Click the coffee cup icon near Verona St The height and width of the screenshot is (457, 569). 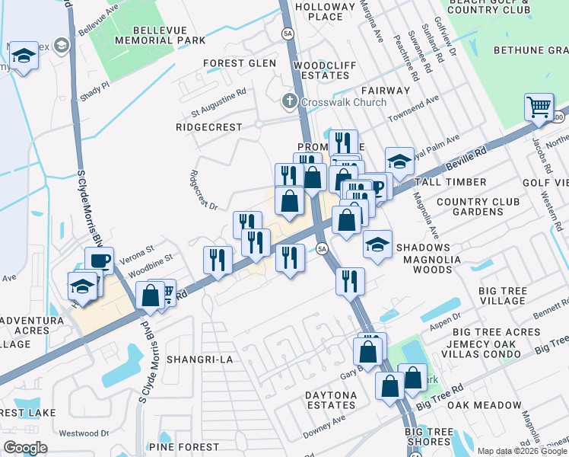[x=100, y=260]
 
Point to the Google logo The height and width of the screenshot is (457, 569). [x=25, y=448]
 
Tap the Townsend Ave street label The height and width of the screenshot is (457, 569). [x=414, y=110]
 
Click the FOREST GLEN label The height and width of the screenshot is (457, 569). [x=239, y=63]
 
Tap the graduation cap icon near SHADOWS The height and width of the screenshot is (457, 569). [x=377, y=244]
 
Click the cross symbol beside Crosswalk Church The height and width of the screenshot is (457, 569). [x=289, y=101]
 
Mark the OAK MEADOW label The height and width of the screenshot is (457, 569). [x=485, y=405]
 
